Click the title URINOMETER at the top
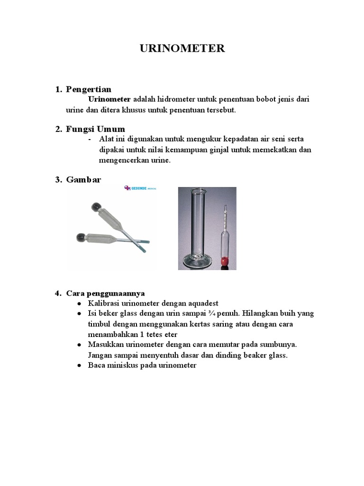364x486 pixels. pyautogui.click(x=182, y=48)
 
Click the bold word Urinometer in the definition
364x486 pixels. pyautogui.click(x=109, y=99)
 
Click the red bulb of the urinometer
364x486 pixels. pyautogui.click(x=224, y=260)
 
